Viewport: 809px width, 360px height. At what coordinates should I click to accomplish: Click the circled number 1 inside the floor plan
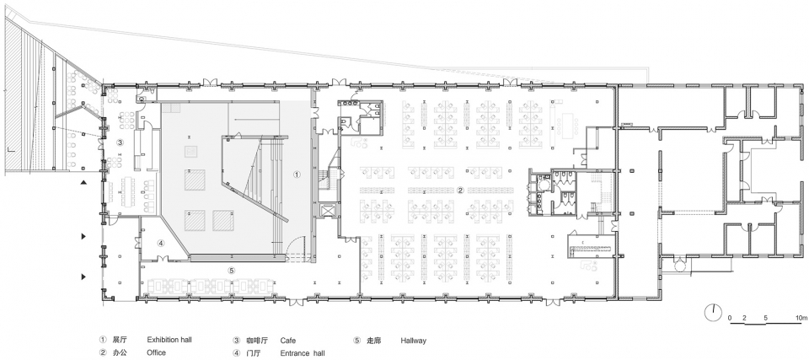pyautogui.click(x=297, y=175)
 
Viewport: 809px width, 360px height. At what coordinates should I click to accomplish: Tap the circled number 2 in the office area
pyautogui.click(x=460, y=190)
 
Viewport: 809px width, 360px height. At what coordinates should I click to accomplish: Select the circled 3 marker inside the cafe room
pyautogui.click(x=119, y=141)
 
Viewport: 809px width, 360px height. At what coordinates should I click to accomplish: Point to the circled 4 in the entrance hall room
pyautogui.click(x=160, y=244)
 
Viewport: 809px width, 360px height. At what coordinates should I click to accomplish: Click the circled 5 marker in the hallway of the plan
pyautogui.click(x=231, y=270)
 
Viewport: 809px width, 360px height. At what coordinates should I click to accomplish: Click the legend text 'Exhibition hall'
pyautogui.click(x=169, y=341)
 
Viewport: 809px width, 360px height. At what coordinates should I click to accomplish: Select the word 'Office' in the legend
pyautogui.click(x=157, y=352)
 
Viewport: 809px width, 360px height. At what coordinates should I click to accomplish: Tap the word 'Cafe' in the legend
pyautogui.click(x=288, y=341)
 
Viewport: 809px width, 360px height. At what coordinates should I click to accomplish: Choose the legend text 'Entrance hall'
pyautogui.click(x=303, y=353)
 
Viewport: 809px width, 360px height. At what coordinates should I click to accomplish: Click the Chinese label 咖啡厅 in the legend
pyautogui.click(x=257, y=341)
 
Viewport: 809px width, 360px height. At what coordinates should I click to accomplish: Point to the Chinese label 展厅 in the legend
pyautogui.click(x=119, y=341)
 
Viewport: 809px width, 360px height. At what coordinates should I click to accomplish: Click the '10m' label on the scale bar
pyautogui.click(x=801, y=317)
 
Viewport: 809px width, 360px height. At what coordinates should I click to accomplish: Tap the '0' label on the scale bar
pyautogui.click(x=730, y=317)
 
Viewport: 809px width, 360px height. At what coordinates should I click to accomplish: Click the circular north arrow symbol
pyautogui.click(x=713, y=313)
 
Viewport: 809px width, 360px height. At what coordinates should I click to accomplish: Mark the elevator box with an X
pyautogui.click(x=327, y=210)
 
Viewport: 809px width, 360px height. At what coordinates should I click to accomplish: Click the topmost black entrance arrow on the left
pyautogui.click(x=83, y=182)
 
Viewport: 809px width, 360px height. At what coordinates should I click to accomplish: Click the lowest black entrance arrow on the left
pyautogui.click(x=83, y=277)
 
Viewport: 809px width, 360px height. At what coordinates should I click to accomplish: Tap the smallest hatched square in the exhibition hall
pyautogui.click(x=192, y=151)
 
